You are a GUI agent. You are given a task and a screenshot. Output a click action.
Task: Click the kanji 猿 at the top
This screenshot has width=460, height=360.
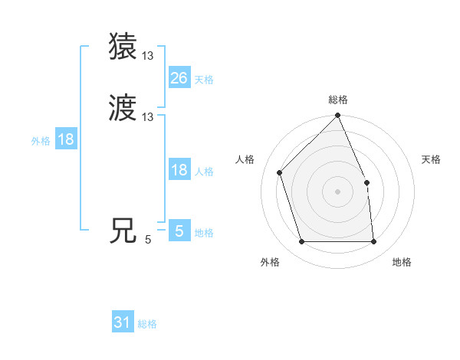point(124,46)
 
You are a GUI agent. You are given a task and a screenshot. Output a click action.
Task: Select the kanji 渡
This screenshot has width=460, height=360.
point(124,108)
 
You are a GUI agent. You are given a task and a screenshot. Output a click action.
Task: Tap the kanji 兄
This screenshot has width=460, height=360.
point(124,231)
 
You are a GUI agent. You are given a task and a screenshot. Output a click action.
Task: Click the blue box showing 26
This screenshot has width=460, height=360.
point(179,78)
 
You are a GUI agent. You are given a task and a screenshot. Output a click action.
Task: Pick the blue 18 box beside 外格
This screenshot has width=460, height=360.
point(66,139)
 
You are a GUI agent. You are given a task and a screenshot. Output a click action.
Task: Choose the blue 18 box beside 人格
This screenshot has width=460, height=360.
point(179,170)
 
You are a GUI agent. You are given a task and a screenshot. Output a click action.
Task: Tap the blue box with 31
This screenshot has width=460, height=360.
point(123,322)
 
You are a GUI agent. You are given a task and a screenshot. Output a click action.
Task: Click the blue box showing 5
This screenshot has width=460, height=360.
point(179,231)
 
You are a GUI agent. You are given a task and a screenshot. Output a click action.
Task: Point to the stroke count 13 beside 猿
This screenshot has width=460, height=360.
point(148,56)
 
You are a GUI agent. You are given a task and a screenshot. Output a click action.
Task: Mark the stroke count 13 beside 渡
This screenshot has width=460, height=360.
point(148,117)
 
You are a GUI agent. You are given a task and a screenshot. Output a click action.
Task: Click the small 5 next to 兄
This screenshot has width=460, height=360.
point(148,240)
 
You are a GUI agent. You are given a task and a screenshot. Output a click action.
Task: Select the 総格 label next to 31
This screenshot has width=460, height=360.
point(147,324)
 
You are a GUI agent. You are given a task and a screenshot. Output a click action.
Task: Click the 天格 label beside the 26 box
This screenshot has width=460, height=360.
point(204,79)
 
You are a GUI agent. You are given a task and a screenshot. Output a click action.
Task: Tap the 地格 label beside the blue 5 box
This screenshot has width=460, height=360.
point(204,233)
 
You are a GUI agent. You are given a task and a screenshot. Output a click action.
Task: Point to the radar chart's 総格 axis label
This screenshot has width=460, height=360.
point(337,100)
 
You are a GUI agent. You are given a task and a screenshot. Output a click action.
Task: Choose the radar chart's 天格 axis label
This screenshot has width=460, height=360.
point(431,159)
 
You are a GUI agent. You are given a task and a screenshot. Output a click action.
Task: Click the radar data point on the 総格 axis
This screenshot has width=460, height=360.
point(337,116)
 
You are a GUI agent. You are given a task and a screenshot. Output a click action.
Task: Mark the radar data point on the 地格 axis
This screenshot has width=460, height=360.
point(373,242)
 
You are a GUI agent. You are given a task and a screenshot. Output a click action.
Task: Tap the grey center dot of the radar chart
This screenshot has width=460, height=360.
point(337,191)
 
